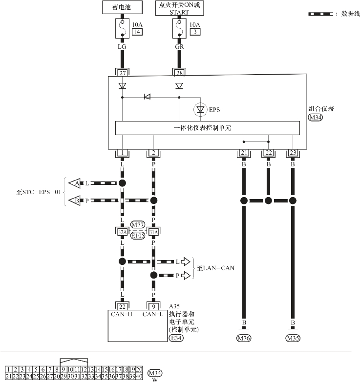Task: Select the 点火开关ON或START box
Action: (x=179, y=8)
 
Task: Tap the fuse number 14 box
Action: (x=137, y=32)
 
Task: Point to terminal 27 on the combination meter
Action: (x=122, y=73)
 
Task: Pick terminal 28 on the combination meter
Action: (x=179, y=73)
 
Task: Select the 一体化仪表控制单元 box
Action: (x=208, y=128)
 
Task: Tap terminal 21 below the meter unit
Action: (x=243, y=153)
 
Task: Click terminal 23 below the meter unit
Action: (x=293, y=153)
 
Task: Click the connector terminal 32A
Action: (x=122, y=231)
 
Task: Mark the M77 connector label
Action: (x=138, y=224)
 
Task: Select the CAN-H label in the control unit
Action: (x=122, y=314)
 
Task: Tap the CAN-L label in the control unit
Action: (x=153, y=314)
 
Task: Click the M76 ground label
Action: (x=243, y=338)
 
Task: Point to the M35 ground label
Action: (x=293, y=338)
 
